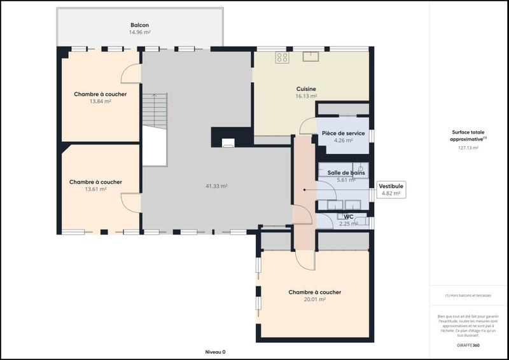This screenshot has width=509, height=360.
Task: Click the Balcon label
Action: coord(139,25)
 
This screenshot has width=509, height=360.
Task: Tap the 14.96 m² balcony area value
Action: coord(139,32)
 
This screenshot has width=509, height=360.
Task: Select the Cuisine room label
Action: coord(306,89)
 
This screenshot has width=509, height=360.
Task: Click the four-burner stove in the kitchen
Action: coord(281,58)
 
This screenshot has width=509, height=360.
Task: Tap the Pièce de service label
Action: coord(343,134)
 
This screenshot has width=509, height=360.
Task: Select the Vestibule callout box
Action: coord(390,189)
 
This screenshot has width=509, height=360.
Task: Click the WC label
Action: coord(348,217)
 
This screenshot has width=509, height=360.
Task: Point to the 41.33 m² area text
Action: coord(216,186)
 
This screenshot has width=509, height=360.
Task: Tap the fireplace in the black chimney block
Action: coord(227,142)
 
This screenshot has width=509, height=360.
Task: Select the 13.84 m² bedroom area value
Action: coord(100,101)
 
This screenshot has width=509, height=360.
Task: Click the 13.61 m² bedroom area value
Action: coord(95,189)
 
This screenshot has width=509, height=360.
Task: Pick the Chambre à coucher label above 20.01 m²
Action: coord(314,293)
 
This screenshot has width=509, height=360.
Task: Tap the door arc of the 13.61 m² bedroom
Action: coord(131,202)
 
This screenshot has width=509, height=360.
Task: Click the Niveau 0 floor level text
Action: coord(215,352)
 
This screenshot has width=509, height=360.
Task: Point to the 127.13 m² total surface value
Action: coord(468,148)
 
